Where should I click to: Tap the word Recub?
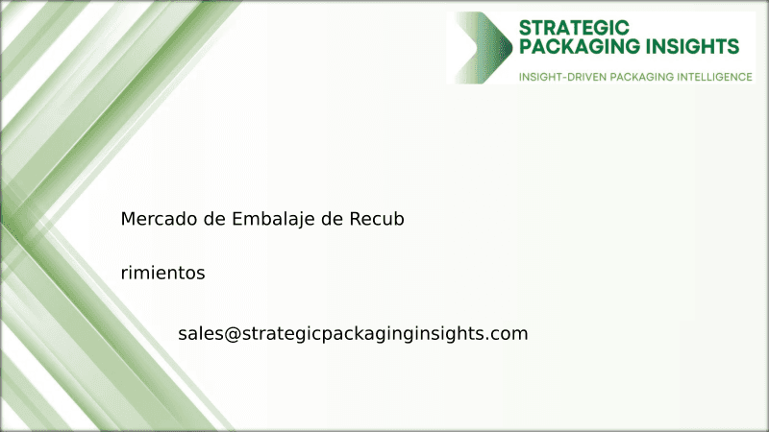[x=377, y=219]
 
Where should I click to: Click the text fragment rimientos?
[x=163, y=274]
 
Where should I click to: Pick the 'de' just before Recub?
[x=332, y=219]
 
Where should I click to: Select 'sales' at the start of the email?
[x=200, y=334]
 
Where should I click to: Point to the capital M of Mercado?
[x=128, y=219]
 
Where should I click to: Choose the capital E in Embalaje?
[x=237, y=219]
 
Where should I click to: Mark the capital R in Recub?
[x=354, y=219]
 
